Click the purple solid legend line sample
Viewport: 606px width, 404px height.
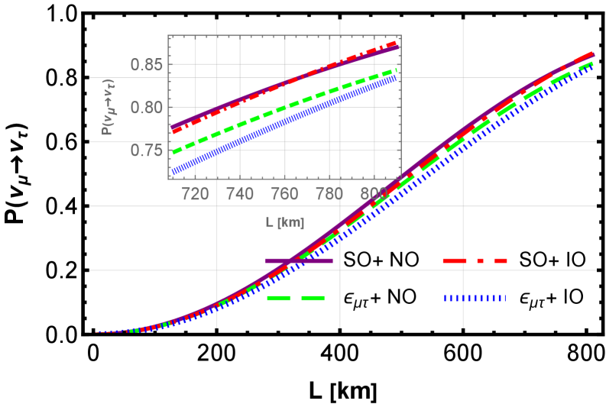click(299, 261)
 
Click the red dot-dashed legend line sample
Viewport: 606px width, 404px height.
click(475, 261)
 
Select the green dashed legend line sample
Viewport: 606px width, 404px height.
click(296, 299)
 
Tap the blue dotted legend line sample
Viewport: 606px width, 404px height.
click(475, 299)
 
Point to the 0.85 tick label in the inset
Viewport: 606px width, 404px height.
click(147, 65)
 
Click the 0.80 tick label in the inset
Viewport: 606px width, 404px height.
click(147, 108)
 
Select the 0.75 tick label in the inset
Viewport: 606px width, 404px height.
click(147, 150)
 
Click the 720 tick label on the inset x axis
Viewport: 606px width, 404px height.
click(196, 195)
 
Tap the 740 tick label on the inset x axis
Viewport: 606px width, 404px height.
click(241, 195)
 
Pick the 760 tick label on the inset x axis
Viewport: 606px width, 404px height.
click(285, 195)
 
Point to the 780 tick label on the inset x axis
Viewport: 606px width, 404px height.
click(330, 195)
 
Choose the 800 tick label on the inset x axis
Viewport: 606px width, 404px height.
click(374, 195)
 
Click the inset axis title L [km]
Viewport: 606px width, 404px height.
click(284, 223)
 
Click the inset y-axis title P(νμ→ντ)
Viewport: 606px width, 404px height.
click(109, 107)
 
